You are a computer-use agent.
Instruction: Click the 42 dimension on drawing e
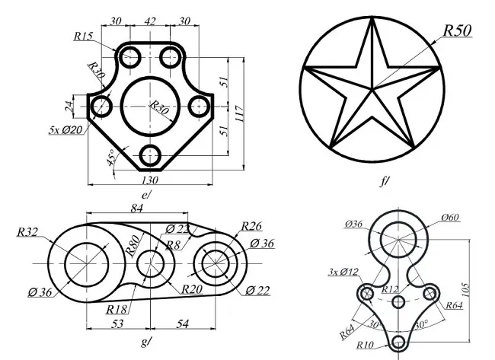(150, 21)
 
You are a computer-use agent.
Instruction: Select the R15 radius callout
(84, 35)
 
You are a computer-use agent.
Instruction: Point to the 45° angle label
(111, 161)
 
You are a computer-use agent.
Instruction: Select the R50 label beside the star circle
(457, 30)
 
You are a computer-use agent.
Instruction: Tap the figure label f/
(384, 181)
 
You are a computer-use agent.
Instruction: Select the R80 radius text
(133, 244)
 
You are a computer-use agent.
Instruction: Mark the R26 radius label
(251, 226)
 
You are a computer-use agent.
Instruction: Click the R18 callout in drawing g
(117, 309)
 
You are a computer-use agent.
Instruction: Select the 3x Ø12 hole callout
(343, 272)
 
